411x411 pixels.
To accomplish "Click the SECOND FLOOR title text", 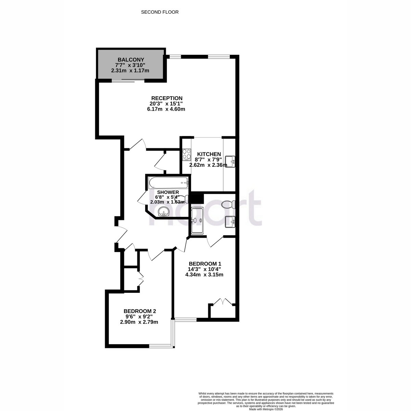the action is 160,12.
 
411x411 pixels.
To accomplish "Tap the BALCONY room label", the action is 131,60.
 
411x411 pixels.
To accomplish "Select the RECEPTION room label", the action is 167,98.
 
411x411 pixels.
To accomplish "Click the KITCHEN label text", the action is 209,154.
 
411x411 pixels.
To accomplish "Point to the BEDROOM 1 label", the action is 205,264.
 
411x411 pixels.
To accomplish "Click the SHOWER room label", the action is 168,192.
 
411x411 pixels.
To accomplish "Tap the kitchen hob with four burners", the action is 187,154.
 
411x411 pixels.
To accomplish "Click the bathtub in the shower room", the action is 169,183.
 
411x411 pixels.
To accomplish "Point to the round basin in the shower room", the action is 164,212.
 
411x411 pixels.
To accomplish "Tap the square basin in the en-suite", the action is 230,222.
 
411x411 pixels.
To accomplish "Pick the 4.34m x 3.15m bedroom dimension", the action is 204,275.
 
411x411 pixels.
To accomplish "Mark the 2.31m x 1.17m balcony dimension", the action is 130,71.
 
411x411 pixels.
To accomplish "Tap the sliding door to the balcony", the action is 128,81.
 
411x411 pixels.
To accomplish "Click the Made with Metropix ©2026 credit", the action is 266,409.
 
